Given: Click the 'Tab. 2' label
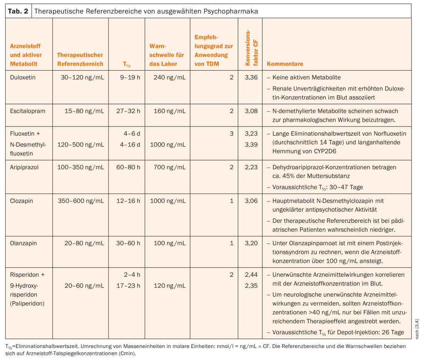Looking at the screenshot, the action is click(18, 11).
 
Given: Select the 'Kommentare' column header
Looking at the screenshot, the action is click(285, 64).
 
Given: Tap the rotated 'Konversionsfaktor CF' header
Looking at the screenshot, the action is click(251, 48).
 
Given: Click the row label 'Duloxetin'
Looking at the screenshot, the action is click(23, 77).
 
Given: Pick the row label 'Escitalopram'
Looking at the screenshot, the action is click(28, 111).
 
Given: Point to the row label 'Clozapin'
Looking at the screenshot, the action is click(21, 201).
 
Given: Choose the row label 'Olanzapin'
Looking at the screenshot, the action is click(23, 243).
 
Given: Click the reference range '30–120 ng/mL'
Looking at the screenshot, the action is click(82, 77).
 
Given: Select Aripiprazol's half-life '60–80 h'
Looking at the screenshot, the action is click(128, 167).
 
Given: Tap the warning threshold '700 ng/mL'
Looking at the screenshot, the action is click(170, 167).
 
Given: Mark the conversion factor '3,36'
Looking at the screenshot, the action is click(251, 77).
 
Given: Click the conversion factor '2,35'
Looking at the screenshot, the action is click(251, 286).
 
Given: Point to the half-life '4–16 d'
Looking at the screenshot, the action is click(130, 145).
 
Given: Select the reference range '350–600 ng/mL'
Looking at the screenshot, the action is click(81, 201).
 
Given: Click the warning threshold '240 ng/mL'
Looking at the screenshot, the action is click(170, 77).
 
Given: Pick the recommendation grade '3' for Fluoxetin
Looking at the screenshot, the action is click(232, 134).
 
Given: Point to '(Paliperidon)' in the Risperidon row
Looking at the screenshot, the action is click(27, 303).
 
